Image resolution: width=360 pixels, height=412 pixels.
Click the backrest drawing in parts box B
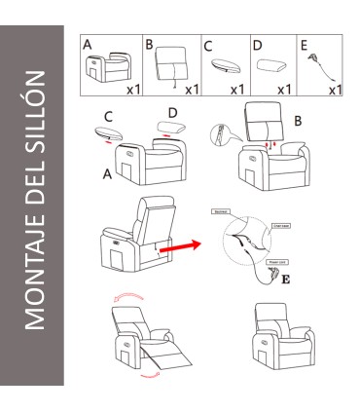click(171, 66)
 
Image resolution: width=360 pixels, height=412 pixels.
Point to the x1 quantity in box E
click(334, 90)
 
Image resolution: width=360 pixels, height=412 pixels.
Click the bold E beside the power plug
click(285, 281)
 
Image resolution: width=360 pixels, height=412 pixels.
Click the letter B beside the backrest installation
click(297, 122)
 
